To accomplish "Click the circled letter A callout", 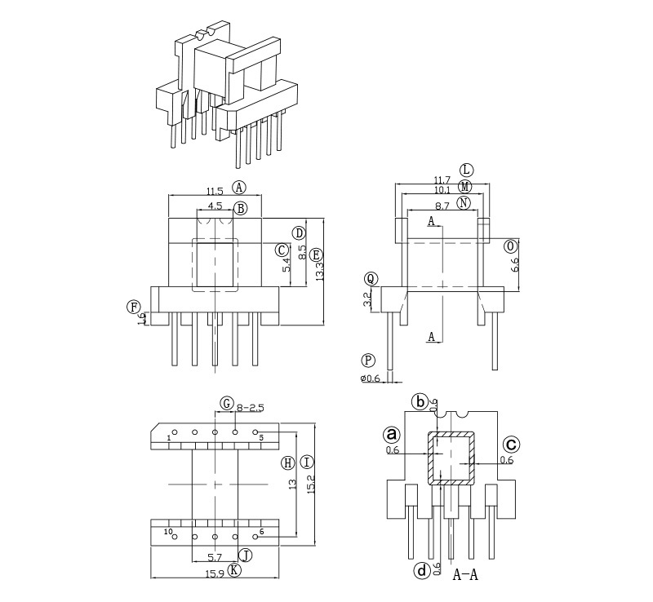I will (239, 187).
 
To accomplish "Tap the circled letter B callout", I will (240, 209).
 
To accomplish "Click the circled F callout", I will (133, 307).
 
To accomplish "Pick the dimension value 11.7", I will (442, 180).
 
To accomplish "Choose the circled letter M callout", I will (465, 186).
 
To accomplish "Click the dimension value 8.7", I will (442, 207).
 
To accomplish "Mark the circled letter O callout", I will (511, 246).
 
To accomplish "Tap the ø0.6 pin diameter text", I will (371, 378).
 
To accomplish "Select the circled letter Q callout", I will (371, 279).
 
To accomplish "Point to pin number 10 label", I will (168, 533).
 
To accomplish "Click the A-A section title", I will (465, 575).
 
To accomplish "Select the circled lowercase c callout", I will (511, 445).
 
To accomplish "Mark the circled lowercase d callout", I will (421, 571).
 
